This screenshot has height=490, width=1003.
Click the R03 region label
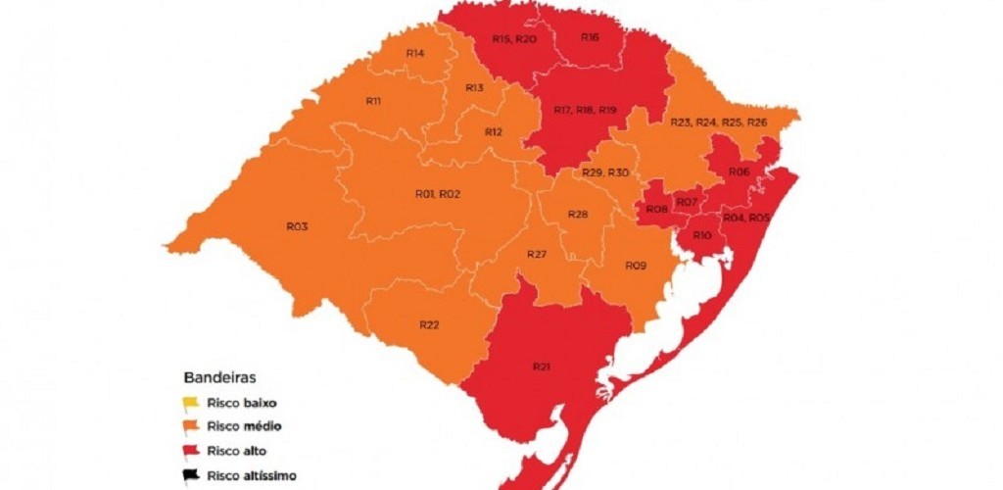[x=298, y=226]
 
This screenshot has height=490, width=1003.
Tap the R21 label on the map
[x=542, y=367]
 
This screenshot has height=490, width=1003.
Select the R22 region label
[x=429, y=324]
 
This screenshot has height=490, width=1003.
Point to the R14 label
[x=414, y=52]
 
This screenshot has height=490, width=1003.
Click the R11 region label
[x=373, y=101]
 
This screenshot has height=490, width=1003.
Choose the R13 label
[x=474, y=88]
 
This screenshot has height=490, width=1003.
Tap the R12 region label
[x=493, y=131]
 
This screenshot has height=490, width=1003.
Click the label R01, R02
[x=438, y=194]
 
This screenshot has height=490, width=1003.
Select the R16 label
[x=590, y=37]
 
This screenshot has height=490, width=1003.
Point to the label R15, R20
[x=513, y=39]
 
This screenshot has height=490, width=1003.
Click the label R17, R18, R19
[x=585, y=110]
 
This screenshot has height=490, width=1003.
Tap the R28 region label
[x=578, y=215]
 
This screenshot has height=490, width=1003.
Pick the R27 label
[x=536, y=254]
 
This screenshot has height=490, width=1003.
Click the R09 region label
[x=636, y=266]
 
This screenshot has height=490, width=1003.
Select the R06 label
[x=740, y=171]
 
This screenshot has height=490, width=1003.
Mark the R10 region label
[x=701, y=236]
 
